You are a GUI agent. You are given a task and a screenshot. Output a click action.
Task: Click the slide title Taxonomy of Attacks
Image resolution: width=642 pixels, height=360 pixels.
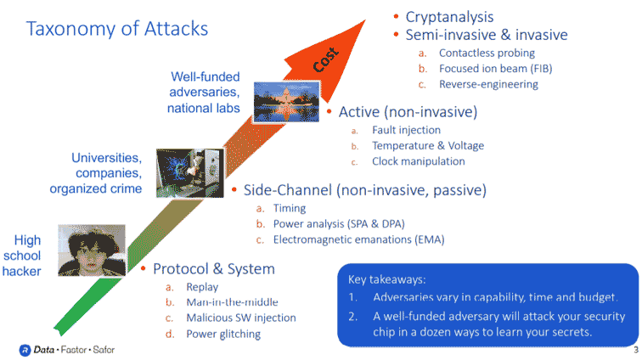click(x=117, y=29)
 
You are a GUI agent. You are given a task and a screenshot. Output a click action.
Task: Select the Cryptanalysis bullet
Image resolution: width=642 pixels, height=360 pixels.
click(x=449, y=17)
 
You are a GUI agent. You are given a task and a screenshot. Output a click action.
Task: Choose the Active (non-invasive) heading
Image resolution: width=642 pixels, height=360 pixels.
click(x=408, y=112)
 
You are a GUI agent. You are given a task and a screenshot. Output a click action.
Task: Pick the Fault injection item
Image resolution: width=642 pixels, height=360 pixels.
click(x=406, y=130)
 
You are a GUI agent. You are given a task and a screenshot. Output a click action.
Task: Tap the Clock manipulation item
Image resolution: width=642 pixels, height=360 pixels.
click(x=418, y=161)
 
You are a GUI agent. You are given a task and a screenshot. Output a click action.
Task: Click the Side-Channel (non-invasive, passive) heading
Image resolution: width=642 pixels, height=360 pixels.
click(x=364, y=189)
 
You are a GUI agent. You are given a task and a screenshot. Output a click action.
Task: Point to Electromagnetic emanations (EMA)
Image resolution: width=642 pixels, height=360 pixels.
click(x=358, y=239)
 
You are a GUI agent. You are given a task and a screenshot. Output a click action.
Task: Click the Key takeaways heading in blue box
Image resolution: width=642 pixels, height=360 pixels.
click(x=390, y=278)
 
